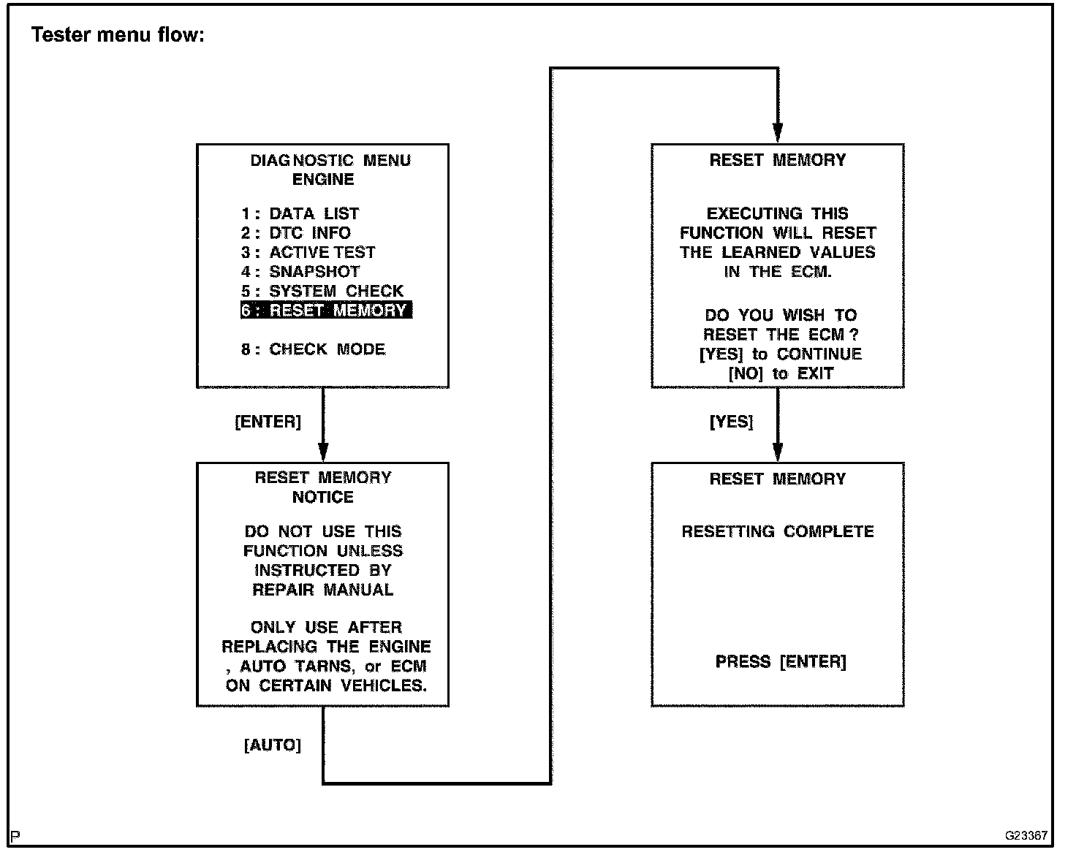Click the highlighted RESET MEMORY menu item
click(x=326, y=311)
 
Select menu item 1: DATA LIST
click(x=300, y=214)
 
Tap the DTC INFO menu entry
click(x=296, y=233)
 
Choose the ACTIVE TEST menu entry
click(x=308, y=253)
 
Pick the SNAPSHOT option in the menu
click(x=300, y=272)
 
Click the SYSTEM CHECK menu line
click(x=322, y=291)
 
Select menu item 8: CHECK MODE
click(x=313, y=349)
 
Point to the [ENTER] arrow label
click(x=268, y=422)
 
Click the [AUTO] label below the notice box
click(x=272, y=745)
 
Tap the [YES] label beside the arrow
click(x=731, y=422)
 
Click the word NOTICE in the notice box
click(x=323, y=498)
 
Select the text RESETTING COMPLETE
click(x=778, y=532)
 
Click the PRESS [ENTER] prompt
click(x=780, y=662)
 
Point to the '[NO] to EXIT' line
click(x=781, y=374)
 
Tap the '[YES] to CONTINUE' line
click(x=780, y=354)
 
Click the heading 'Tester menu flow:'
click(x=118, y=35)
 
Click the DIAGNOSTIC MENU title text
click(x=330, y=161)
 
